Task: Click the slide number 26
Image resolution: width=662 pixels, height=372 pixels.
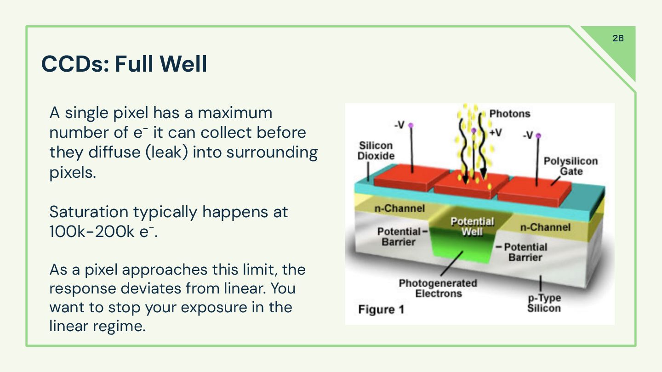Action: (618, 38)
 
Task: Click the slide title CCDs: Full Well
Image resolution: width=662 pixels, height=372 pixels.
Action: (124, 64)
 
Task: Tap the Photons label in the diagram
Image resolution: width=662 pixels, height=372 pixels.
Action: (509, 113)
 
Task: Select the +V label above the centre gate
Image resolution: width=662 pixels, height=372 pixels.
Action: (496, 133)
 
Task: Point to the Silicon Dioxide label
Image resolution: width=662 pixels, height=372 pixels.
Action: (376, 151)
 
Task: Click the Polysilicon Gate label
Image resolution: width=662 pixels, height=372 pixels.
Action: (571, 166)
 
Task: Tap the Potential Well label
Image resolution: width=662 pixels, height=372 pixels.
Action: (472, 226)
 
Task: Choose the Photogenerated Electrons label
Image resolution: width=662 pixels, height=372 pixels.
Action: (438, 288)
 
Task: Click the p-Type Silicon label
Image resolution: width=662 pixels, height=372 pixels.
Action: (544, 303)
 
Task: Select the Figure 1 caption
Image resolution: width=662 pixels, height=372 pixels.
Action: (381, 310)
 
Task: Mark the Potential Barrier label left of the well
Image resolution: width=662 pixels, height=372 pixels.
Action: (399, 237)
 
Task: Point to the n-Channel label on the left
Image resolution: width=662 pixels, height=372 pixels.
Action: (399, 209)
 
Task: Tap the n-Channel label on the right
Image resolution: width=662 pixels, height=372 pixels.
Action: (545, 227)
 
